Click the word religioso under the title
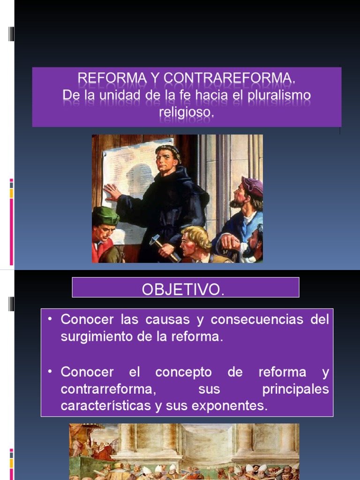tap(186, 112)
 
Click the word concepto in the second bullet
tap(183, 373)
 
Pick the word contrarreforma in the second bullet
tap(108, 390)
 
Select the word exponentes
tap(232, 406)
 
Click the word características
tap(105, 406)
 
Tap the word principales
tap(295, 390)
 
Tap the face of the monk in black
tap(166, 161)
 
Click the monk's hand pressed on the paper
tap(112, 192)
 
